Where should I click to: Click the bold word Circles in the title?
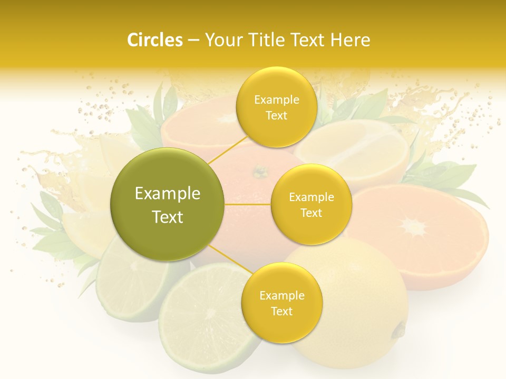click(154, 40)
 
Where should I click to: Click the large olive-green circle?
click(167, 204)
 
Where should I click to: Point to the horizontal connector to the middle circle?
click(248, 204)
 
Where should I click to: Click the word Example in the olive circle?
click(167, 194)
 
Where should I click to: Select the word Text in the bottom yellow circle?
click(281, 311)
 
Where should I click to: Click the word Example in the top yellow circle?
click(276, 99)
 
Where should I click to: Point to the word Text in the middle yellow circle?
click(311, 213)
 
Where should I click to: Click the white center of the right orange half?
click(414, 227)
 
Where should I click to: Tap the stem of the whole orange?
click(259, 172)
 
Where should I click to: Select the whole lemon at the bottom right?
click(358, 295)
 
